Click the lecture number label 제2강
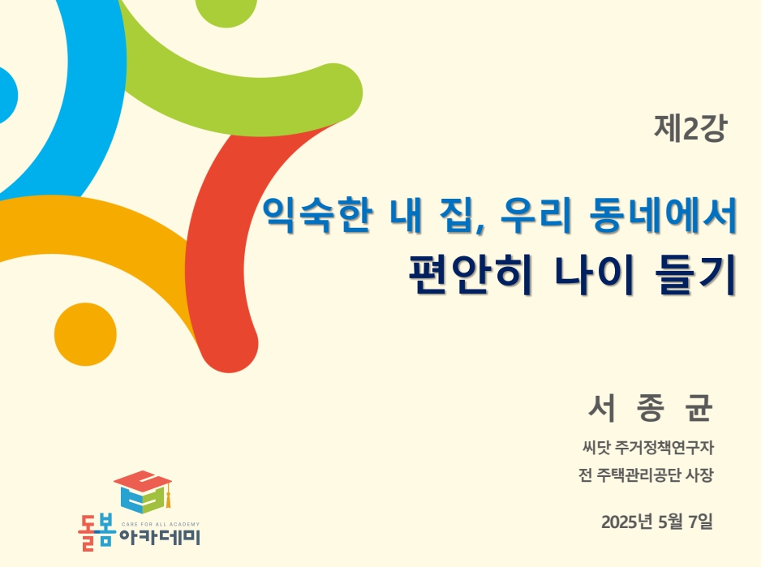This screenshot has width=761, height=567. [x=690, y=128]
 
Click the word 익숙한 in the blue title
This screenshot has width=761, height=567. [x=318, y=215]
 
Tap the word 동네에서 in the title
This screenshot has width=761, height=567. [x=664, y=214]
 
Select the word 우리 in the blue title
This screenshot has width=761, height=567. [x=535, y=214]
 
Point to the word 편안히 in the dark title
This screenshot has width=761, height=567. [x=471, y=274]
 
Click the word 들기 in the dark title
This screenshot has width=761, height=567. [x=695, y=274]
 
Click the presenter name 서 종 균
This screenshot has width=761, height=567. [x=651, y=408]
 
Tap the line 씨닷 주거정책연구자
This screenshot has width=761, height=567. [x=648, y=447]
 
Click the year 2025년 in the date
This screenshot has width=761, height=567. [x=626, y=522]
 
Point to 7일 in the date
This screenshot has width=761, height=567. [x=700, y=522]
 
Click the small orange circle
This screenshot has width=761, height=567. [x=85, y=334]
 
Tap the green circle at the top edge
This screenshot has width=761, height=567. [x=226, y=11]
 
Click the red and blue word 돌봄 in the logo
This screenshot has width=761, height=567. [x=97, y=533]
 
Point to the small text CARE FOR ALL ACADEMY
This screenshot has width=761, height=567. [x=160, y=524]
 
